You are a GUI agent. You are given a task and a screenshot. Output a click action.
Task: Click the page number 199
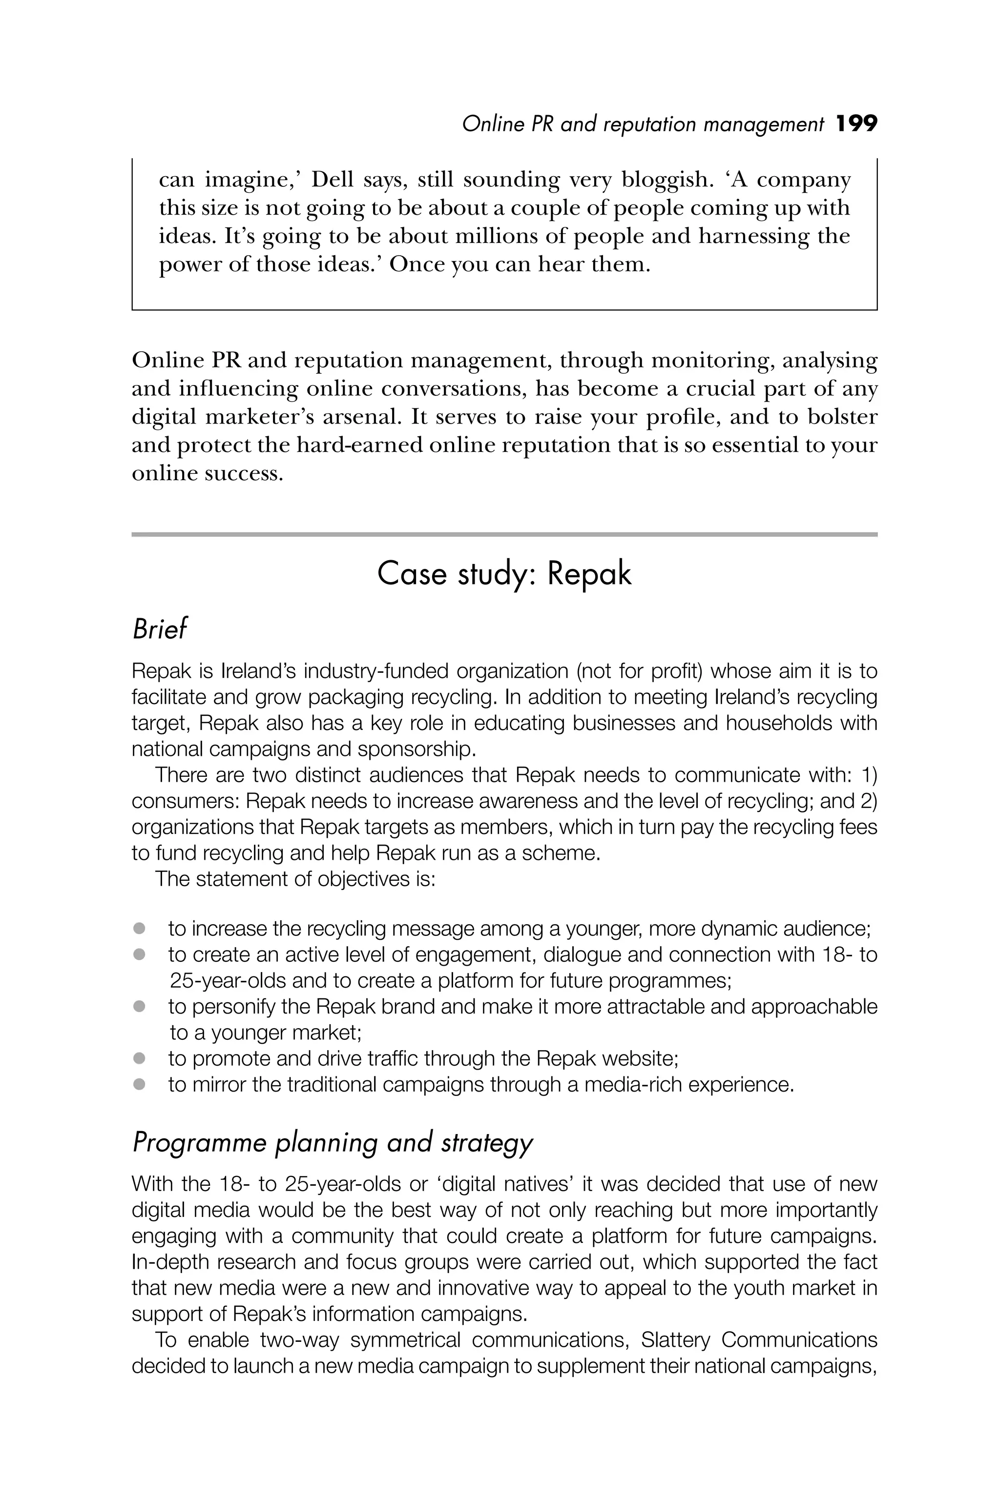856,123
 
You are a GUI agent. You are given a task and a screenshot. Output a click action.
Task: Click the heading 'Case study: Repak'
504,574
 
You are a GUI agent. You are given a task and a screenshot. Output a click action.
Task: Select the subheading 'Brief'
160,629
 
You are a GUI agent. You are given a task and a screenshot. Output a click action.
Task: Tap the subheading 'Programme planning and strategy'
332,1143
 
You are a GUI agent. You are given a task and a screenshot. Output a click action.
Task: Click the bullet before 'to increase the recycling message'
139,929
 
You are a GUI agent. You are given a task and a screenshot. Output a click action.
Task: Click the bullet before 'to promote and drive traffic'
139,1058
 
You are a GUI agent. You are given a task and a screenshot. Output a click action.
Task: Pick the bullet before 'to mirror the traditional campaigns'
139,1084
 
